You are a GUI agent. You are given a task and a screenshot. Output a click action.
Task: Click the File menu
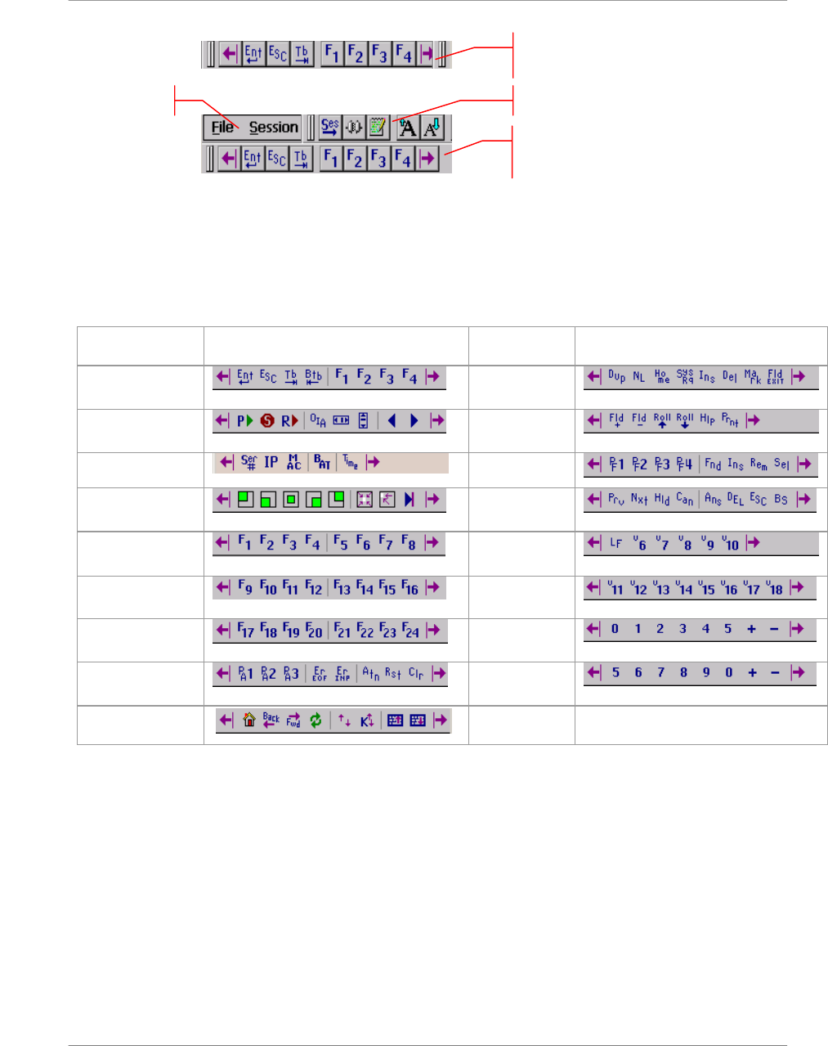pyautogui.click(x=222, y=128)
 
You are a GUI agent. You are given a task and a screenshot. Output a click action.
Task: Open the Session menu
pyautogui.click(x=273, y=128)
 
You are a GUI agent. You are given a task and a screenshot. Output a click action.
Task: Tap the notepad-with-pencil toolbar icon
pyautogui.click(x=377, y=127)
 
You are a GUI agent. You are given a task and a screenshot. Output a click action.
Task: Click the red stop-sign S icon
pyautogui.click(x=267, y=420)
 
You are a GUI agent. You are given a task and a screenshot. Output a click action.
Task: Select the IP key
pyautogui.click(x=271, y=462)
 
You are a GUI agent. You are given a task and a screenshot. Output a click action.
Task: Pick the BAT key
pyautogui.click(x=322, y=462)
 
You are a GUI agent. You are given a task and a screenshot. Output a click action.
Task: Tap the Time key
pyautogui.click(x=350, y=462)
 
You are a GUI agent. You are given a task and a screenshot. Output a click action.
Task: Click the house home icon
pyautogui.click(x=249, y=721)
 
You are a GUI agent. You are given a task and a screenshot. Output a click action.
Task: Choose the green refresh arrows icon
pyautogui.click(x=316, y=721)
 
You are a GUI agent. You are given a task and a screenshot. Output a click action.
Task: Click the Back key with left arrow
pyautogui.click(x=271, y=721)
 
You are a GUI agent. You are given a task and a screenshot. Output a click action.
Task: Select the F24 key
pyautogui.click(x=410, y=631)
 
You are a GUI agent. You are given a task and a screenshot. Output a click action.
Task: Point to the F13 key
pyautogui.click(x=342, y=587)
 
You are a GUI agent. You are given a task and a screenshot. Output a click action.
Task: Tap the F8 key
pyautogui.click(x=409, y=542)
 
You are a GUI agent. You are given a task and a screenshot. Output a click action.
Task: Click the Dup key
pyautogui.click(x=616, y=376)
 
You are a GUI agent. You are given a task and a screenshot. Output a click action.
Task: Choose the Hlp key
pyautogui.click(x=707, y=420)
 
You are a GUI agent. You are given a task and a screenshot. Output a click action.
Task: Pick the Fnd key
pyautogui.click(x=713, y=464)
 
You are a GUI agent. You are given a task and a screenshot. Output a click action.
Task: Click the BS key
pyautogui.click(x=781, y=499)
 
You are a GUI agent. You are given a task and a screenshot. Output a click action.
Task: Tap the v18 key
pyautogui.click(x=775, y=587)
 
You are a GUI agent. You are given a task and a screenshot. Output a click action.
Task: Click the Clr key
pyautogui.click(x=416, y=674)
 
